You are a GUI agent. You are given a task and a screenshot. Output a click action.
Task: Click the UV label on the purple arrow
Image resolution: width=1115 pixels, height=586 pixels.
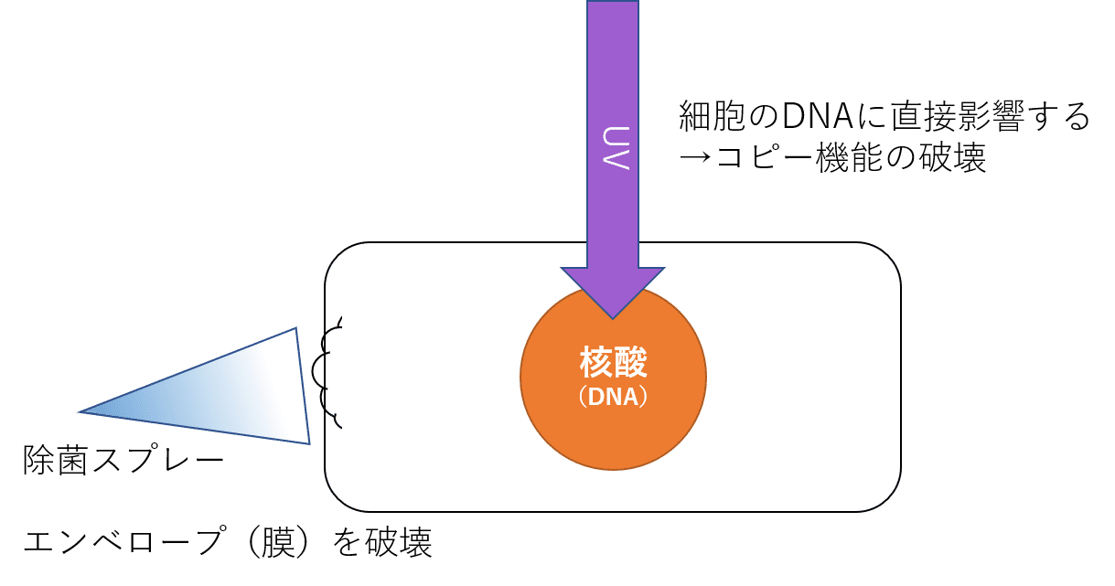612,145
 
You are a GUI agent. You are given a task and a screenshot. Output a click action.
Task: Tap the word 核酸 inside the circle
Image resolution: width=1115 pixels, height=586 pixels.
613,363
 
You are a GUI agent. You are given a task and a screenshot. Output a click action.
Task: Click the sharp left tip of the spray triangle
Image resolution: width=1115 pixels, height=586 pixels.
84,412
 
